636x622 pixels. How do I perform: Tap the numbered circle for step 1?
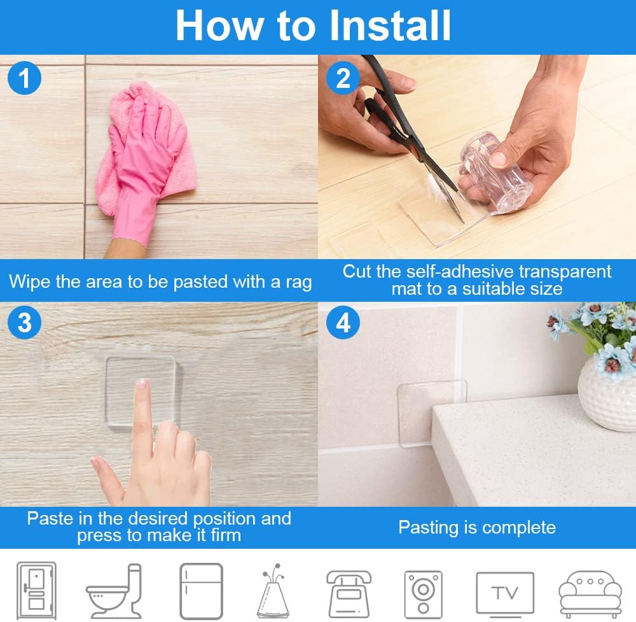tap(24, 78)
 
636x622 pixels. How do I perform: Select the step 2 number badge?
tap(343, 78)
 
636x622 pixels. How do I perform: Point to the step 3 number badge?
tap(24, 323)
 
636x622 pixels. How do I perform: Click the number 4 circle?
tap(343, 323)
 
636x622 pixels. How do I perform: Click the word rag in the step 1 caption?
tap(299, 283)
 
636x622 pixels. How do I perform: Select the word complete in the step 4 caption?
tap(519, 528)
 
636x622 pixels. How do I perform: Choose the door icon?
tap(36, 591)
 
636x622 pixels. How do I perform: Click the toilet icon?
tap(114, 591)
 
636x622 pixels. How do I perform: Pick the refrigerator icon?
tap(201, 591)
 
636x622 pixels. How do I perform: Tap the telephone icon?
tap(349, 594)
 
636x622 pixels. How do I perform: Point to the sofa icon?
tap(590, 594)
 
